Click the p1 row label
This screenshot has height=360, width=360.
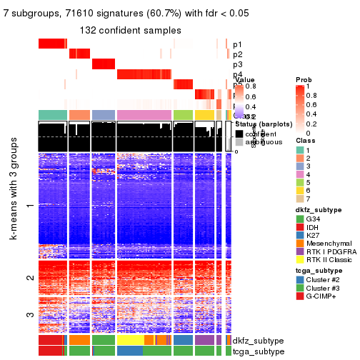pos(238,44)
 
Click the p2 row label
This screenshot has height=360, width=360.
pos(238,54)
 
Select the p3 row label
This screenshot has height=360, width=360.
pos(238,64)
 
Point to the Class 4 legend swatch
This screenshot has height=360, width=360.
pos(299,174)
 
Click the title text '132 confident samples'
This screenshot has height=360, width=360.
pos(130,30)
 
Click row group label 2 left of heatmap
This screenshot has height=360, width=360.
pos(29,277)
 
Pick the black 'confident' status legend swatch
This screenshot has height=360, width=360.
pos(240,134)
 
